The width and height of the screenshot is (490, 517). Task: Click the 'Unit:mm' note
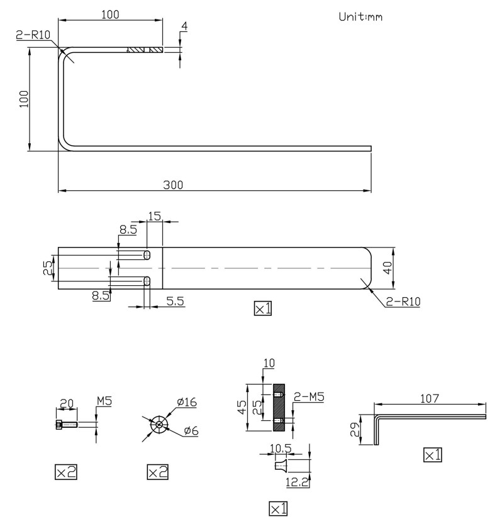pyautogui.click(x=360, y=16)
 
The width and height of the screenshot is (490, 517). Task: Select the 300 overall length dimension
pyautogui.click(x=173, y=185)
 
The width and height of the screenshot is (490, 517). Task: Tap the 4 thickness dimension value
pyautogui.click(x=184, y=26)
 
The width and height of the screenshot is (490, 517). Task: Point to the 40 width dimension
pyautogui.click(x=388, y=268)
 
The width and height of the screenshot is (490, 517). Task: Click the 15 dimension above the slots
pyautogui.click(x=154, y=216)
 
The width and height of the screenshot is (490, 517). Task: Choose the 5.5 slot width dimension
pyautogui.click(x=175, y=301)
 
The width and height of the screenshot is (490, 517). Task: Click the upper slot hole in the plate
pyautogui.click(x=147, y=255)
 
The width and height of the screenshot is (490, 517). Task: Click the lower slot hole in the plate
pyautogui.click(x=147, y=281)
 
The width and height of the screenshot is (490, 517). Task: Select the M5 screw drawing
pyautogui.click(x=67, y=425)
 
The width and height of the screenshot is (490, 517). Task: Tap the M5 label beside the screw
pyautogui.click(x=104, y=401)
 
